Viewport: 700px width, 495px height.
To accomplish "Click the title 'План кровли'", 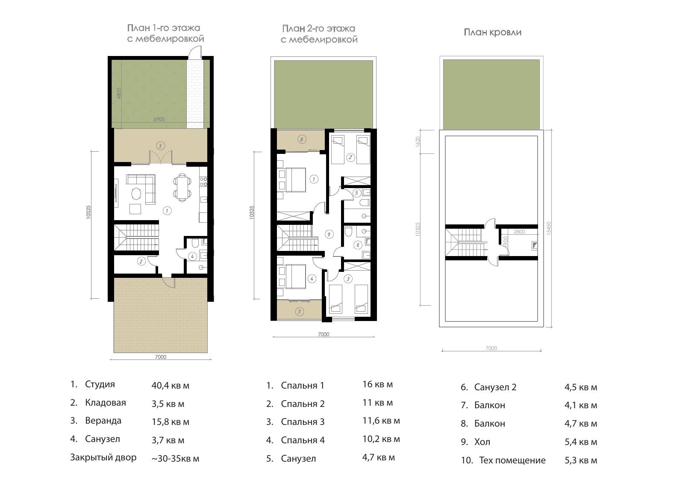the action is pyautogui.click(x=492, y=32).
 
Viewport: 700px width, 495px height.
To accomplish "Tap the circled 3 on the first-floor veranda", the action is pyautogui.click(x=160, y=146).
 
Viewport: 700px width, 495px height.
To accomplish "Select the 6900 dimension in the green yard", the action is pyautogui.click(x=159, y=119).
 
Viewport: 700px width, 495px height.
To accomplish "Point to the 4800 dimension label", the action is pyautogui.click(x=118, y=94).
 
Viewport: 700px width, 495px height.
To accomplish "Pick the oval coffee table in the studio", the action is pyautogui.click(x=136, y=194).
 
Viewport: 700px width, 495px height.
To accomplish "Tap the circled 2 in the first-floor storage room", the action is pyautogui.click(x=141, y=261).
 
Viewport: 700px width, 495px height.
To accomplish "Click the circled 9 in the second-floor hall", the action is pyautogui.click(x=329, y=234).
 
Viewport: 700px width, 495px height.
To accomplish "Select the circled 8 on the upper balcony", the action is pyautogui.click(x=302, y=139).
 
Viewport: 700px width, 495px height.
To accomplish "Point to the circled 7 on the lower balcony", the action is pyautogui.click(x=300, y=312).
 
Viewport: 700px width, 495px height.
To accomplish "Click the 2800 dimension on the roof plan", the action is pyautogui.click(x=519, y=232).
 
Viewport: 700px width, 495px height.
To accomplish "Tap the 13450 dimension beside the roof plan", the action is pyautogui.click(x=549, y=228).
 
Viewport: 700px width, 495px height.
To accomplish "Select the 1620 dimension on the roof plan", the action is pyautogui.click(x=418, y=141).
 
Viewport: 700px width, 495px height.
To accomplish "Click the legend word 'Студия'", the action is pyautogui.click(x=100, y=385).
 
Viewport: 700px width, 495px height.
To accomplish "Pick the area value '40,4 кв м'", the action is pyautogui.click(x=171, y=386).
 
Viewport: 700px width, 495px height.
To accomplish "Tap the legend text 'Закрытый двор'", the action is pyautogui.click(x=103, y=457).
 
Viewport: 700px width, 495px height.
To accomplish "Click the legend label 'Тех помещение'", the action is pyautogui.click(x=512, y=460).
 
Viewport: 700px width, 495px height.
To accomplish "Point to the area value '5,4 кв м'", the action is pyautogui.click(x=581, y=442).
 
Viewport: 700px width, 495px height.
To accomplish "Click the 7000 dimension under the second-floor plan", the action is pyautogui.click(x=324, y=334).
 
